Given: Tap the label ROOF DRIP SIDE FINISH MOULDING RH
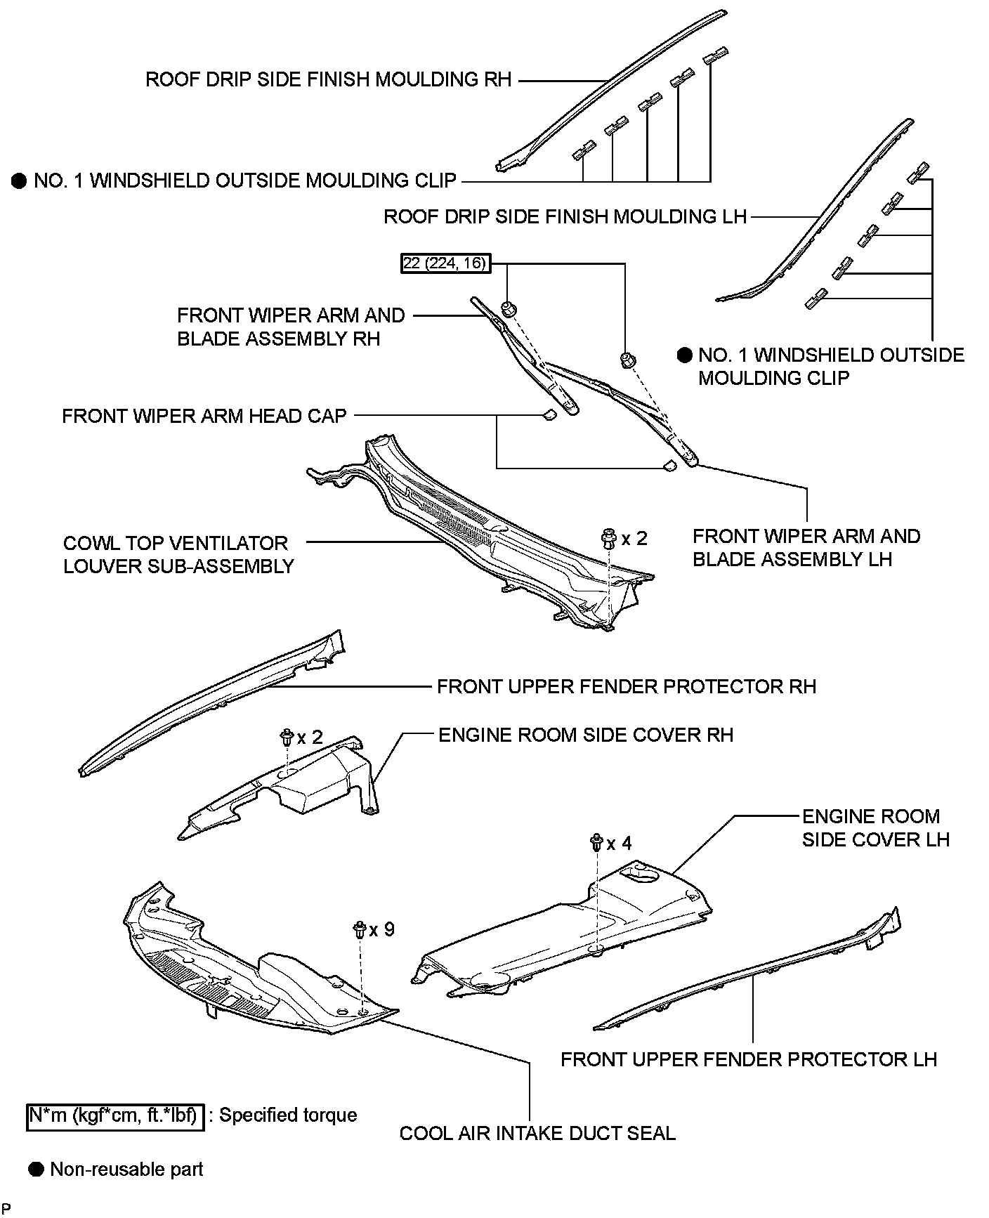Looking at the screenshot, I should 328,79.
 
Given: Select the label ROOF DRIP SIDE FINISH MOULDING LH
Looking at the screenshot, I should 565,216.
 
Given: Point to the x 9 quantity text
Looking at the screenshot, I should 382,930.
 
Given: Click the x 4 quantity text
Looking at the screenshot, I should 619,843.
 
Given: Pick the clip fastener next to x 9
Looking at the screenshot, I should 360,930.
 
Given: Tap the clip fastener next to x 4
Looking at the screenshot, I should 597,842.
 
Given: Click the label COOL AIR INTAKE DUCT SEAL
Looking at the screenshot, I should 537,1134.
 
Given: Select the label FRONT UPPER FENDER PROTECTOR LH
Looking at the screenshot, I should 749,1059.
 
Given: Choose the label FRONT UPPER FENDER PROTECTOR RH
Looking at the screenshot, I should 627,686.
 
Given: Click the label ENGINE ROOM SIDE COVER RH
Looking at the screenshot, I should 586,735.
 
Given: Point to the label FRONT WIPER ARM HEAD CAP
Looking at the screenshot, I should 204,416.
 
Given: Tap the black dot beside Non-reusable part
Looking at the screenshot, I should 36,1170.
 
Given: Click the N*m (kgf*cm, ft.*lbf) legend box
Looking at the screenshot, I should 116,1115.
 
